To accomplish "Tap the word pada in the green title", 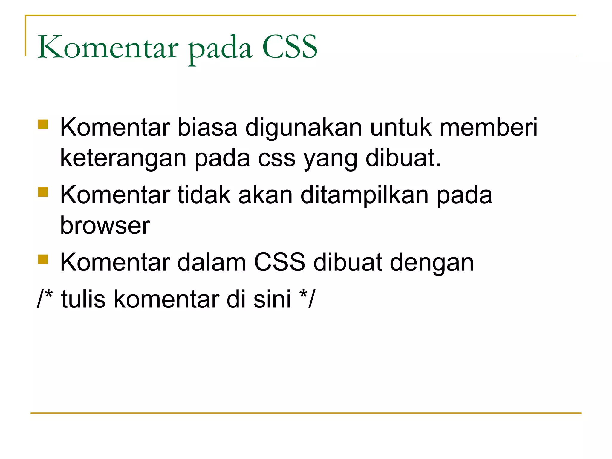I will coord(220,49).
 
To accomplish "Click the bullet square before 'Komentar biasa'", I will coord(43,124).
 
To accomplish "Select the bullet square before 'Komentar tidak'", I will coord(43,192).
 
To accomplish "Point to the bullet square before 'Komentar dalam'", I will coord(43,259).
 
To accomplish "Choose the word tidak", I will coord(204,195).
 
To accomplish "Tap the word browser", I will coord(105,226).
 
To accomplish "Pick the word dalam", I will coord(212,262).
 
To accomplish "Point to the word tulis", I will coord(83,299).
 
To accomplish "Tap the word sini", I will coord(272,299).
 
